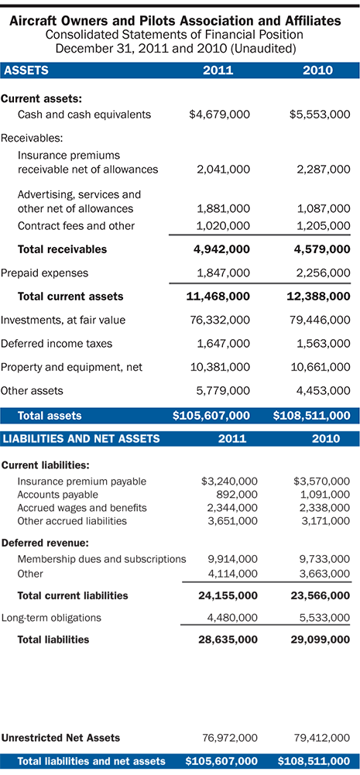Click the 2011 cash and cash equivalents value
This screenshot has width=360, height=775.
(219, 115)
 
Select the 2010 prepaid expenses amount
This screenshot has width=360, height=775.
(319, 273)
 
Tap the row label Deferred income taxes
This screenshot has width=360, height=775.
(57, 343)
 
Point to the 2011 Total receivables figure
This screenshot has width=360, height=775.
(219, 249)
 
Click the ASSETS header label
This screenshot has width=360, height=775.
(27, 70)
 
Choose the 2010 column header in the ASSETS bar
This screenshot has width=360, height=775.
(318, 70)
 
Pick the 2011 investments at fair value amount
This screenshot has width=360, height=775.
(219, 320)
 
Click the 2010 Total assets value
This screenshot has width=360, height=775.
(312, 416)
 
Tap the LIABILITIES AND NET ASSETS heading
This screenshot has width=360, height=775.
(82, 439)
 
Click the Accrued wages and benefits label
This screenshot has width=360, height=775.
(82, 508)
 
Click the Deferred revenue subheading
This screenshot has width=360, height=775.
(44, 543)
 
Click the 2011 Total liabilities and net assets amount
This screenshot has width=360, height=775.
(221, 761)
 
